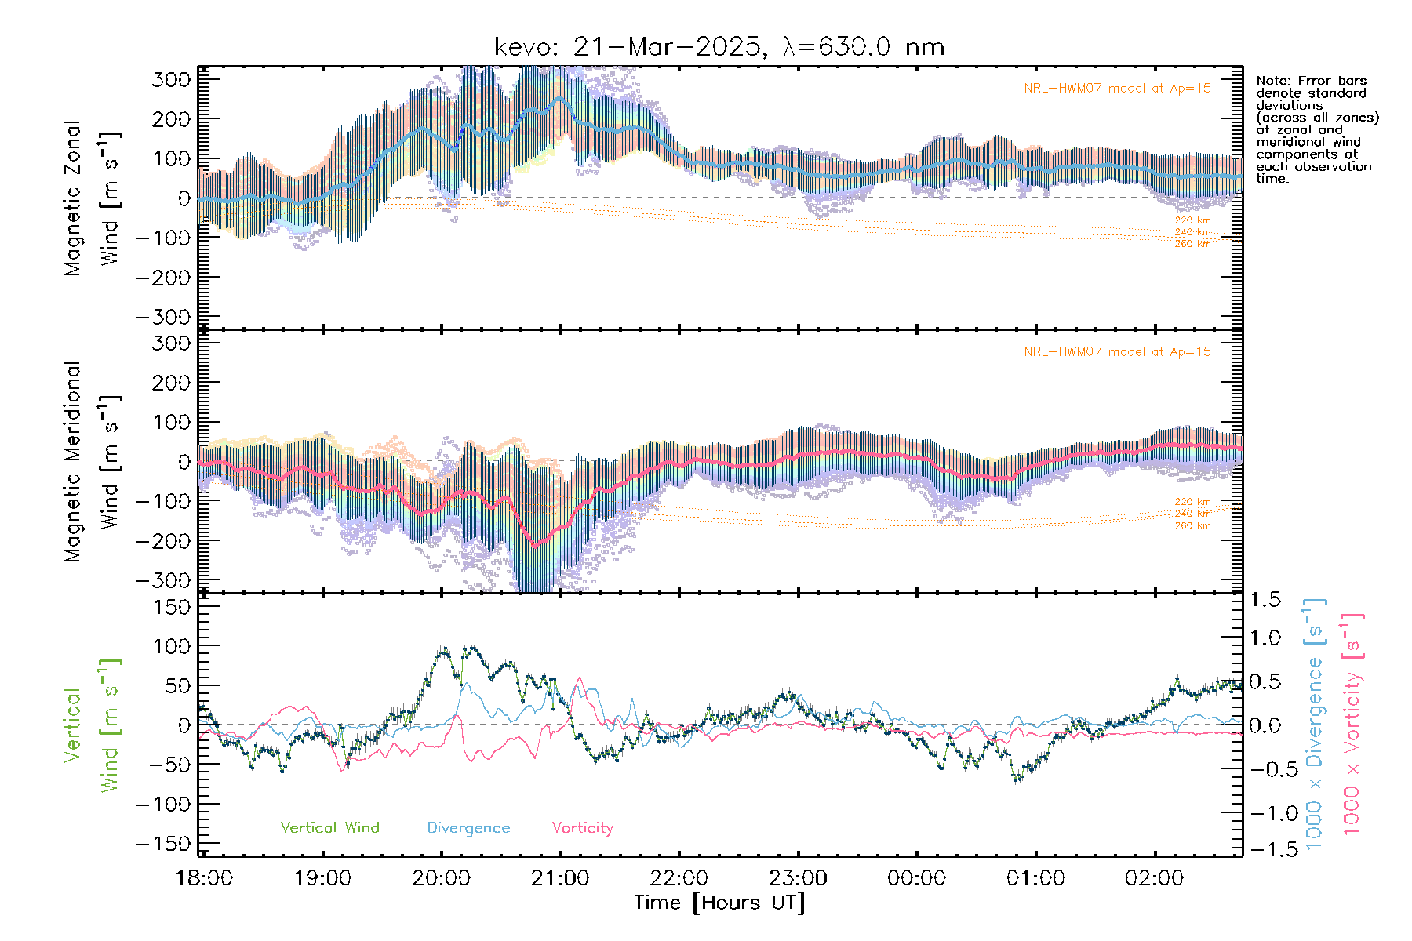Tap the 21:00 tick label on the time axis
point(560,878)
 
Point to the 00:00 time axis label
point(916,878)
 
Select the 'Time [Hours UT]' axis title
point(719,903)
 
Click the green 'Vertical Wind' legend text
point(329,828)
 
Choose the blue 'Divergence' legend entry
point(468,828)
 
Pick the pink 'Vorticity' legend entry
point(582,828)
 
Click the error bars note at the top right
point(1316,129)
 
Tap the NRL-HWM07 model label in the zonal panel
point(1117,89)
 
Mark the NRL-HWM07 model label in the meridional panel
point(1117,352)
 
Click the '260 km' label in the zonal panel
point(1192,244)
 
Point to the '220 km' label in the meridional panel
point(1192,502)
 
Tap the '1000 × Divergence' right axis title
point(1315,723)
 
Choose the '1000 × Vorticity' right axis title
point(1352,723)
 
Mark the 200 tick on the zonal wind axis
point(172,119)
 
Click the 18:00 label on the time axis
point(204,878)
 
